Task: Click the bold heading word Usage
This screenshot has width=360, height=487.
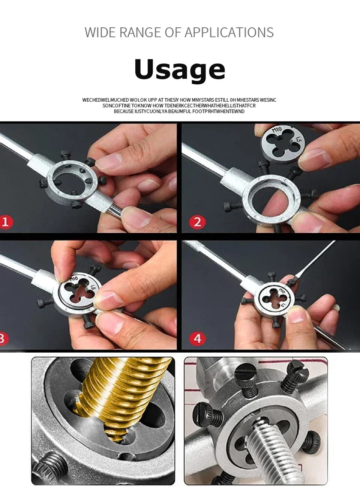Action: pos(180,70)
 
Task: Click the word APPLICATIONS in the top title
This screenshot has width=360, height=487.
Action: pos(229,33)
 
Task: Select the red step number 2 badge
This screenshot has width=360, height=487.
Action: pos(197,222)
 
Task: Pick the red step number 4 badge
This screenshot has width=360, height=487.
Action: pos(197,338)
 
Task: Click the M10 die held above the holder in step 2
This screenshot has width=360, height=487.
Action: pos(282,142)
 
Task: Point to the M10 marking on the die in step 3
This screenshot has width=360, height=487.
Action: pos(73,279)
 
